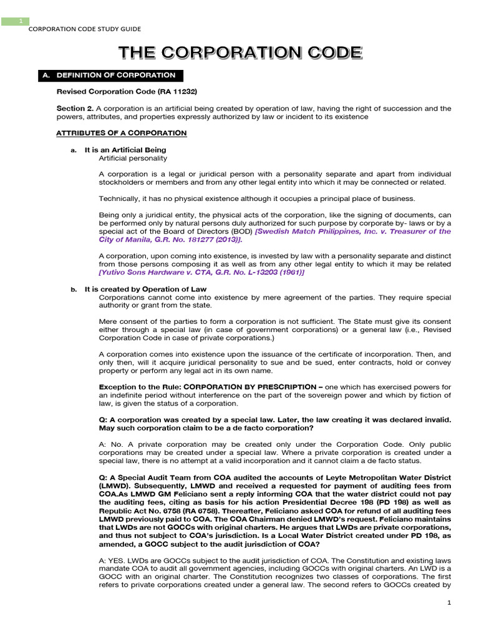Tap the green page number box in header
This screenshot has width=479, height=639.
coord(20,21)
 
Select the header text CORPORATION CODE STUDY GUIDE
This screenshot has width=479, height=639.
coord(85,29)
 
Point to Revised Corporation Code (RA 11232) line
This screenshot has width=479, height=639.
coord(127,92)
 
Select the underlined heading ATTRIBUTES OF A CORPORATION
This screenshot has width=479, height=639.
coord(121,133)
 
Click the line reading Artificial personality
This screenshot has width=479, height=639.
coord(133,158)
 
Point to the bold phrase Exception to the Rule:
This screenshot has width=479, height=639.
coord(131,387)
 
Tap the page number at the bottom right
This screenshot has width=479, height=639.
coord(448,602)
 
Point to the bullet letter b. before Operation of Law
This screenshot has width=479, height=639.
coord(73,290)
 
